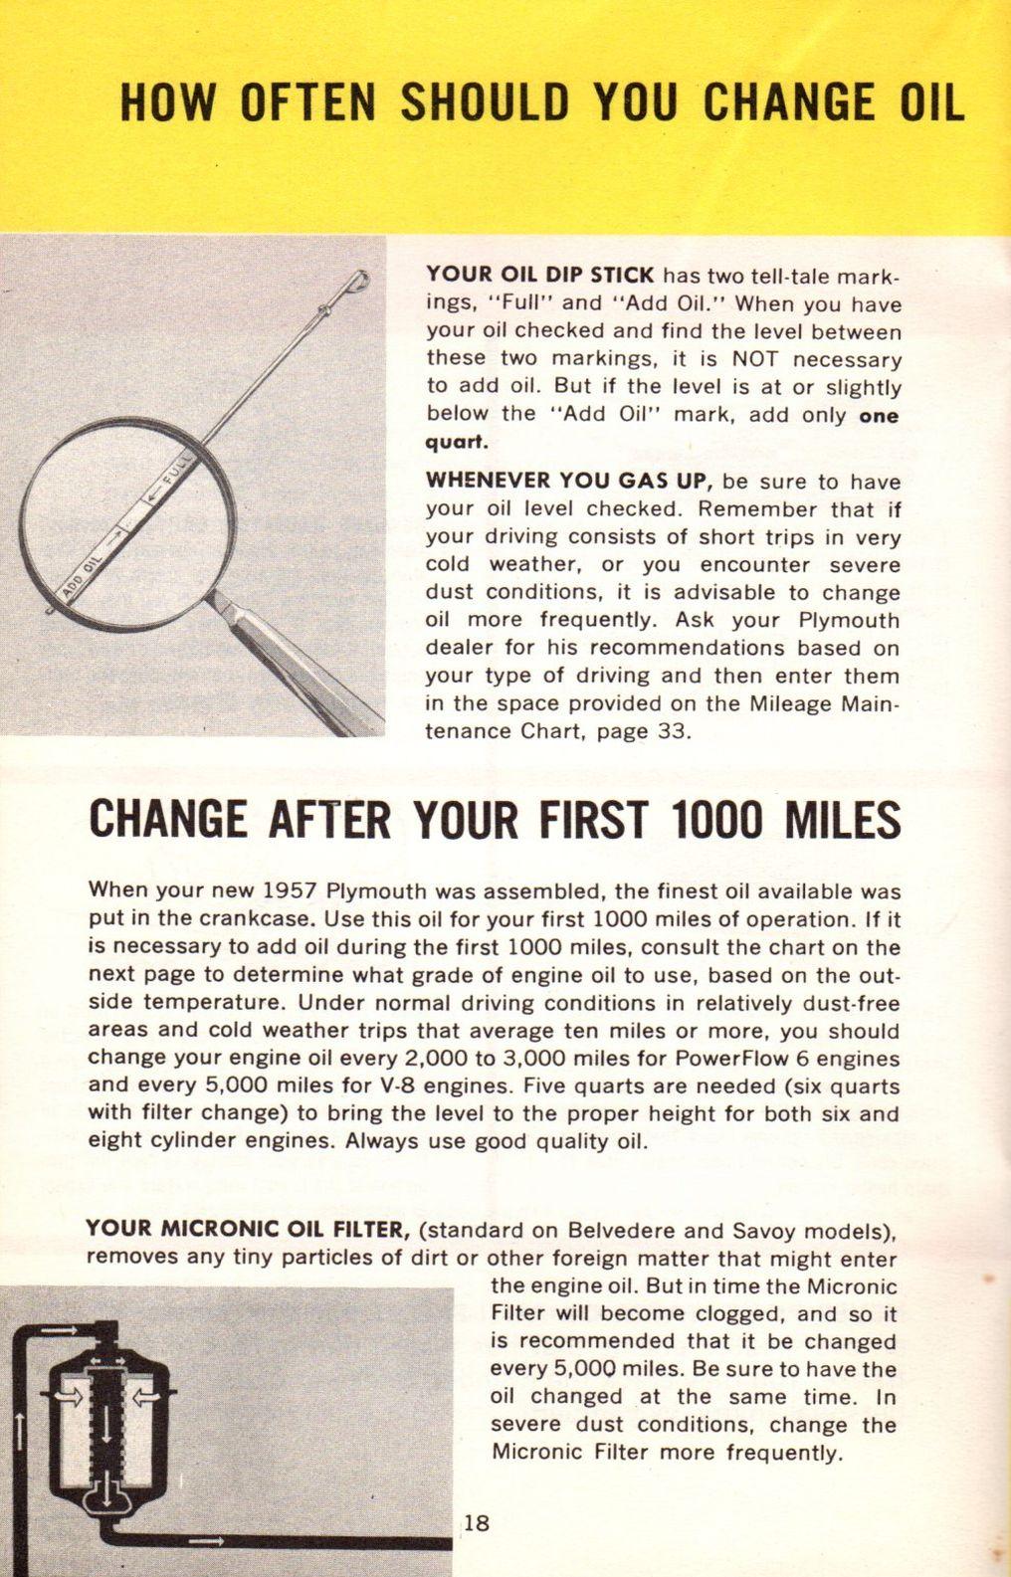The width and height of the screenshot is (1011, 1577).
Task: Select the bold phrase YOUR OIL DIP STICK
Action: (x=540, y=275)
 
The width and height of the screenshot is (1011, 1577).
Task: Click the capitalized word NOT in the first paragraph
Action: (x=756, y=358)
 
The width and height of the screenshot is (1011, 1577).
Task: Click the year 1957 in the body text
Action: (x=292, y=890)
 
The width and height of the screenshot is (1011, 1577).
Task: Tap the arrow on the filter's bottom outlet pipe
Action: (x=206, y=1541)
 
